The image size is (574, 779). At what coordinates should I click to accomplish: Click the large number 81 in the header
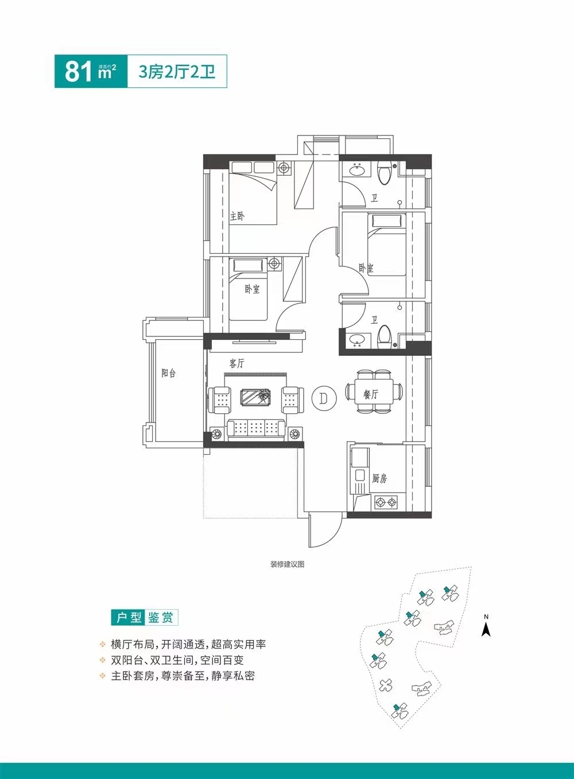(x=78, y=71)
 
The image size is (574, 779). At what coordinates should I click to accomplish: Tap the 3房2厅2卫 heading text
(x=177, y=72)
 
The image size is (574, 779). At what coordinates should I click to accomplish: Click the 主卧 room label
(x=237, y=216)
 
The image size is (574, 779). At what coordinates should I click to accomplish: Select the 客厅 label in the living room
(x=236, y=363)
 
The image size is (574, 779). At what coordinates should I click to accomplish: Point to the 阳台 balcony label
(x=168, y=373)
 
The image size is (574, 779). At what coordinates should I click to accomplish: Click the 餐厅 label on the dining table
(x=371, y=394)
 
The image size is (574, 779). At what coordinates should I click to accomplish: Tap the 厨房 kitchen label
(x=379, y=478)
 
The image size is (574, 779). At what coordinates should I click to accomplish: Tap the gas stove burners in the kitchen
(x=386, y=503)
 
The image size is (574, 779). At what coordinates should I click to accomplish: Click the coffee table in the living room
(x=255, y=396)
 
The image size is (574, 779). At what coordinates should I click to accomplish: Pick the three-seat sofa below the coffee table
(x=257, y=428)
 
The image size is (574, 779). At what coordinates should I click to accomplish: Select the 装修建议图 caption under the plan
(x=287, y=564)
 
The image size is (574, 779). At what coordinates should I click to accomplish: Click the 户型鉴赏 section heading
(x=145, y=618)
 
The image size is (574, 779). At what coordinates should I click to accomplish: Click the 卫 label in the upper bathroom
(x=374, y=198)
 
